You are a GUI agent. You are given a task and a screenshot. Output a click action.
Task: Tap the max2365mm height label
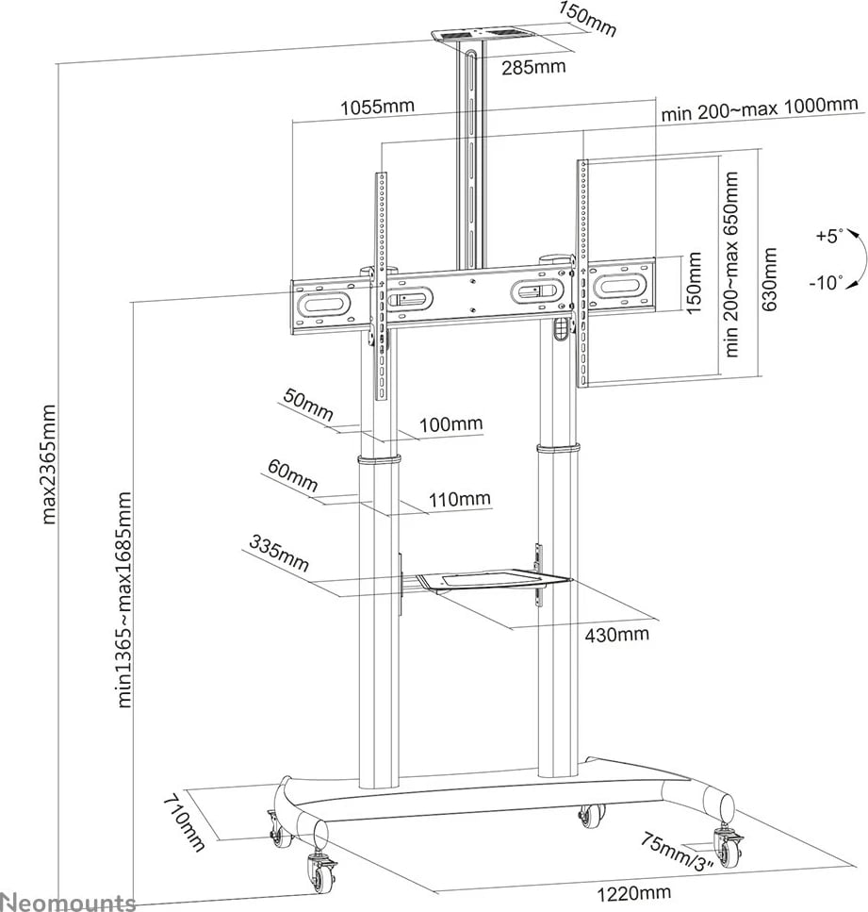click(50, 463)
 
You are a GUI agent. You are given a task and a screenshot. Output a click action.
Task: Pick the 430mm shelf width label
click(616, 635)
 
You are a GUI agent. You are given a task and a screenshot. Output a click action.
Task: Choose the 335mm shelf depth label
click(279, 553)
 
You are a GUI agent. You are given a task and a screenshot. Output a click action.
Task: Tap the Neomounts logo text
click(68, 902)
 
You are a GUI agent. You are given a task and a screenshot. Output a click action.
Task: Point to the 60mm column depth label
click(292, 473)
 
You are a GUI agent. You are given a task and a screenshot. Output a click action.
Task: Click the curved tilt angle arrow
click(857, 257)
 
